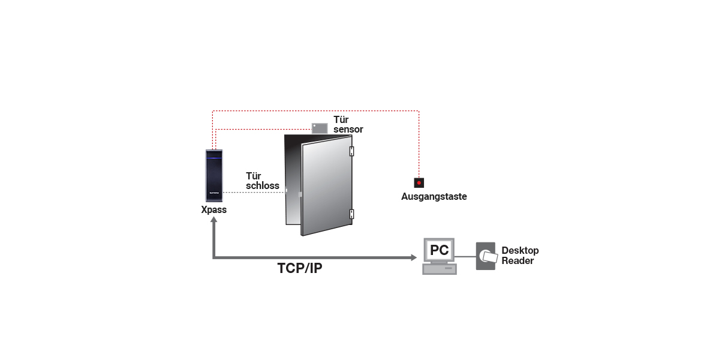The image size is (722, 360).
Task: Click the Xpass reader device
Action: (x=214, y=177)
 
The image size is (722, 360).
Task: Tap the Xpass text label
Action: (x=214, y=211)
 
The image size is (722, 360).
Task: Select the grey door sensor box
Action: (x=320, y=127)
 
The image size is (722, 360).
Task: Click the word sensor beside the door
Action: (x=348, y=130)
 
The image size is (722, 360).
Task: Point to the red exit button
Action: (x=419, y=182)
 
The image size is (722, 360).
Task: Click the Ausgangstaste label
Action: (x=434, y=196)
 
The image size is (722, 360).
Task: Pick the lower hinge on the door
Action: (x=352, y=213)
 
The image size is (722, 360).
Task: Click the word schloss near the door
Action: (x=263, y=186)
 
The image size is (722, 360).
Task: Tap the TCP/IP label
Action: (x=300, y=268)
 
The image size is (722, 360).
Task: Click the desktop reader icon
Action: (x=486, y=256)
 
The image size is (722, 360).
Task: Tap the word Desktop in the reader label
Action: (x=520, y=251)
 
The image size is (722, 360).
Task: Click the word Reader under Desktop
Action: (x=518, y=260)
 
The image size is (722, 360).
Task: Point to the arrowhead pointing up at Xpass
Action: (x=213, y=221)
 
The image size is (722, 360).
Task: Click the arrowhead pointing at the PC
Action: (x=413, y=257)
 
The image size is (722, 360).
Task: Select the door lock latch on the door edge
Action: (x=286, y=191)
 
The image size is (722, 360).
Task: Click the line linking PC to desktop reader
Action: (x=466, y=256)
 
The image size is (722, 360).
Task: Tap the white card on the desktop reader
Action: (x=489, y=257)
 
